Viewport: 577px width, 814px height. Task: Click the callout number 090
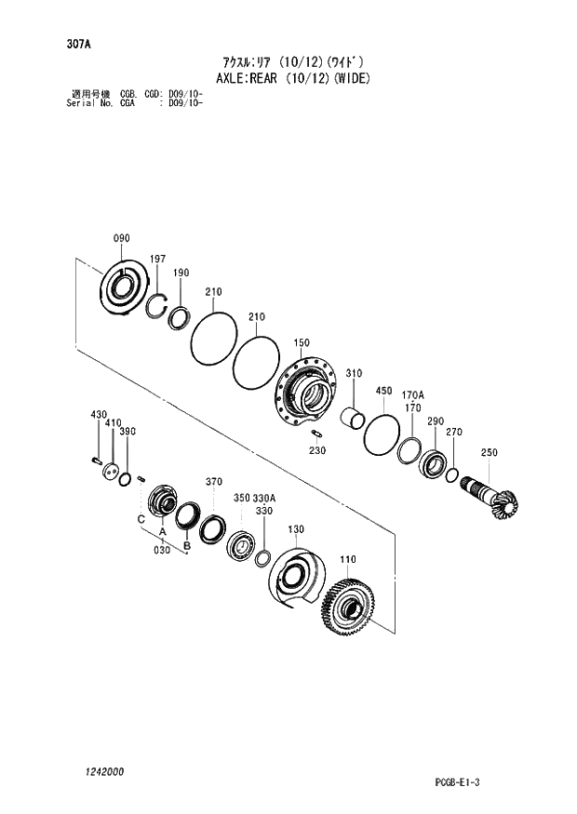(121, 239)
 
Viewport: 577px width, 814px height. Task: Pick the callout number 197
(158, 259)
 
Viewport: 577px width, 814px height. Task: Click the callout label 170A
(413, 395)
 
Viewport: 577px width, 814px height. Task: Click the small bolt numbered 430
(96, 459)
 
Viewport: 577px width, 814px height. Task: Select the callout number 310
(353, 374)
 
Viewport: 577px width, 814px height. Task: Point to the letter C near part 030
(141, 518)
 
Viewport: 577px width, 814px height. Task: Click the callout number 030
(162, 551)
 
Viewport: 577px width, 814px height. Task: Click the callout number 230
(317, 450)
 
